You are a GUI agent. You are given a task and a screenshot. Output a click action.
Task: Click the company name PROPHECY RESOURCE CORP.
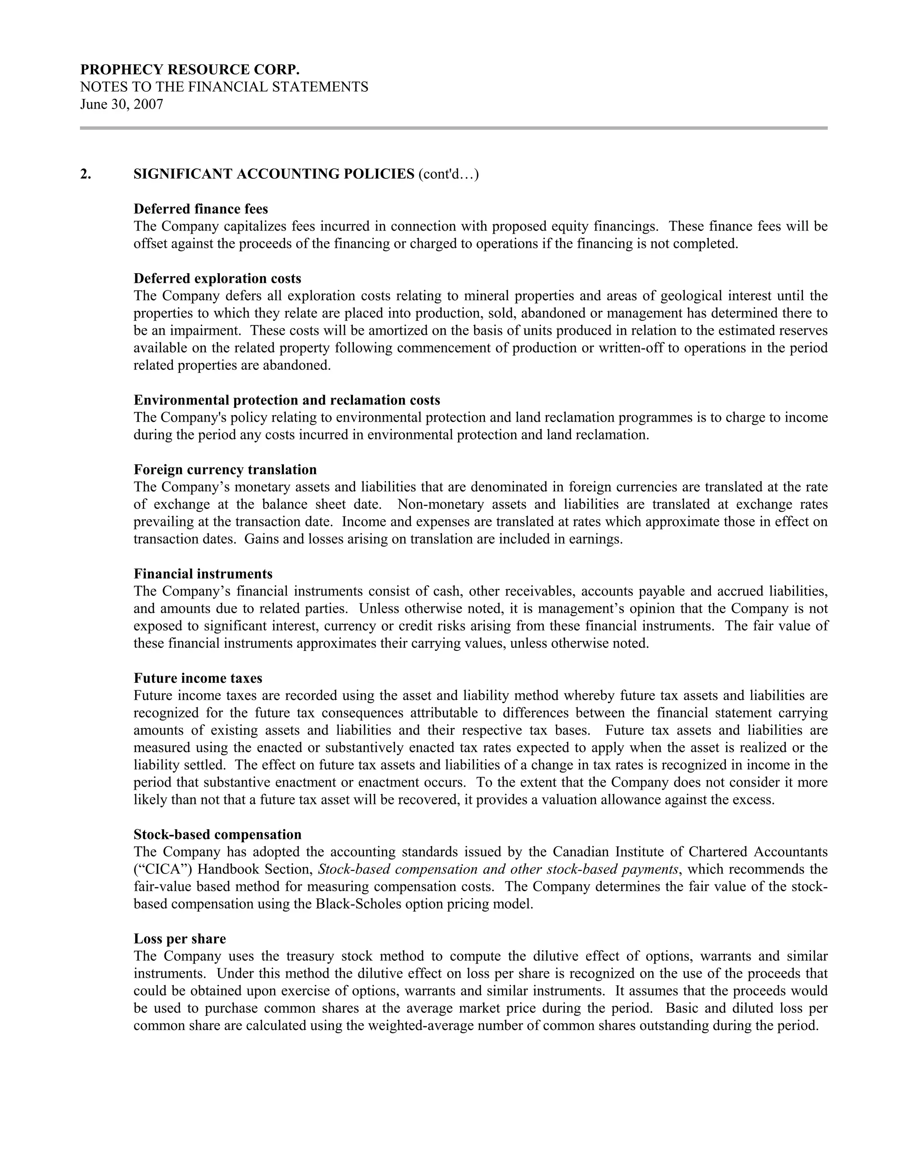click(190, 70)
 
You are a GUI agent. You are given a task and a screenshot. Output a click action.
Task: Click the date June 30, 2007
click(121, 104)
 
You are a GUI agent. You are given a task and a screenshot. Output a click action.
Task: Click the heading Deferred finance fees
click(201, 209)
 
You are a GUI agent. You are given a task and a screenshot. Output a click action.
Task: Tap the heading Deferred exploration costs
click(217, 279)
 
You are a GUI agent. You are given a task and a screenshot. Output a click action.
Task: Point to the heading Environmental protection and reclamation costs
click(287, 400)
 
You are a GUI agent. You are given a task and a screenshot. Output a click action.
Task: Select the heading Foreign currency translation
click(225, 470)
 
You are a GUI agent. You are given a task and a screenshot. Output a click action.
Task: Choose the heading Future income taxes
click(198, 678)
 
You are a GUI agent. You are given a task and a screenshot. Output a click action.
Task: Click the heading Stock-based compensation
click(217, 834)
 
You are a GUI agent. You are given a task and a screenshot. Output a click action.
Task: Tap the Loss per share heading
click(180, 939)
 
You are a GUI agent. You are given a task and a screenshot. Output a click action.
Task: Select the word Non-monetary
click(441, 505)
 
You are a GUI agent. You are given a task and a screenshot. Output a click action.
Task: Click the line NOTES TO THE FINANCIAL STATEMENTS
click(224, 87)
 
